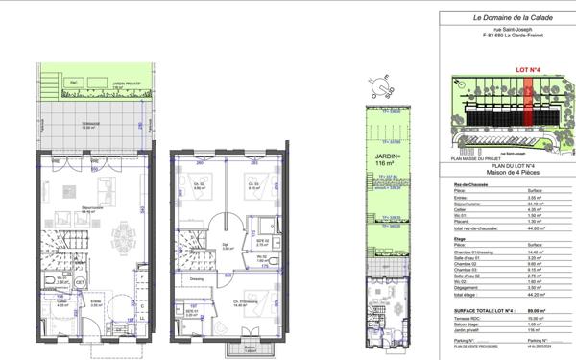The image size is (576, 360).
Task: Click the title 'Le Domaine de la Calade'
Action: click(x=503, y=18)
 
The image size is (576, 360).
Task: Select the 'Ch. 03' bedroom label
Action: click(x=255, y=186)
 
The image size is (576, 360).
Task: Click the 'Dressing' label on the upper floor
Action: click(x=196, y=279)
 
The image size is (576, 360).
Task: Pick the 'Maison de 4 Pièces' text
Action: click(x=504, y=172)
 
